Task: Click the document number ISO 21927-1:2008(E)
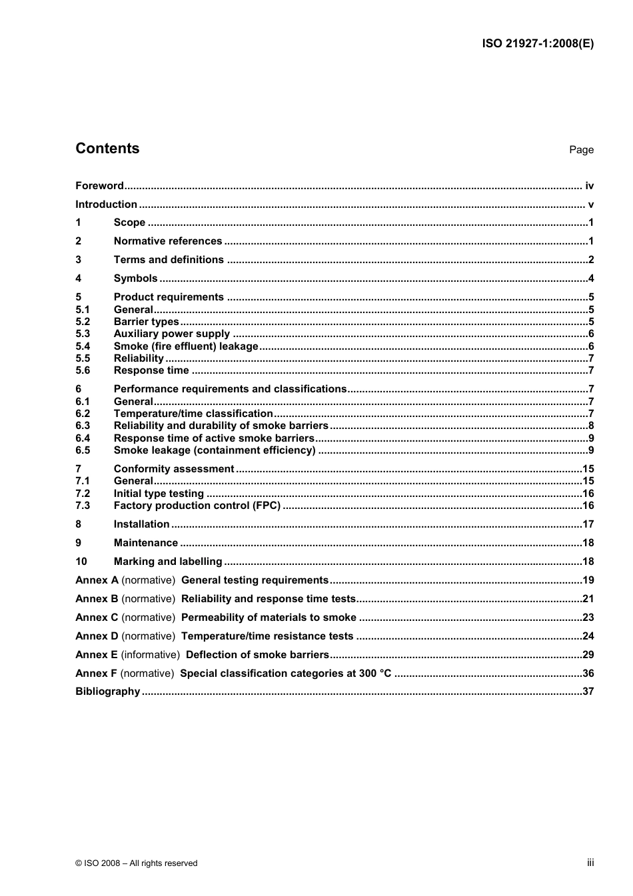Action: [x=537, y=44]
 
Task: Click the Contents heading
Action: [x=107, y=149]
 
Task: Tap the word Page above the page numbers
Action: [x=581, y=150]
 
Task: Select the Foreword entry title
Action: [x=99, y=186]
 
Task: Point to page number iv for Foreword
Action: [x=589, y=186]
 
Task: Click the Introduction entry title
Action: [x=106, y=205]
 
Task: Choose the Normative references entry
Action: [x=168, y=241]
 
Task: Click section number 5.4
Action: [x=83, y=346]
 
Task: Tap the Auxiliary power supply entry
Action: [x=172, y=334]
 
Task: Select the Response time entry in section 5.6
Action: [x=151, y=370]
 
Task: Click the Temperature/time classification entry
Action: [x=193, y=414]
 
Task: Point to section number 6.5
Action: [x=83, y=450]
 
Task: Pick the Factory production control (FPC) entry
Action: [x=197, y=506]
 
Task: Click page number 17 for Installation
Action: [x=588, y=524]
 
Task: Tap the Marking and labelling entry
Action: [x=168, y=562]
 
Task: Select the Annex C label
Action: [x=97, y=618]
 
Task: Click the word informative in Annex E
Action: [x=151, y=655]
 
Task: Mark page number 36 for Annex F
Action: [x=588, y=673]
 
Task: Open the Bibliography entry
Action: [x=108, y=691]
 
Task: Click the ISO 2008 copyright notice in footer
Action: [x=137, y=863]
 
